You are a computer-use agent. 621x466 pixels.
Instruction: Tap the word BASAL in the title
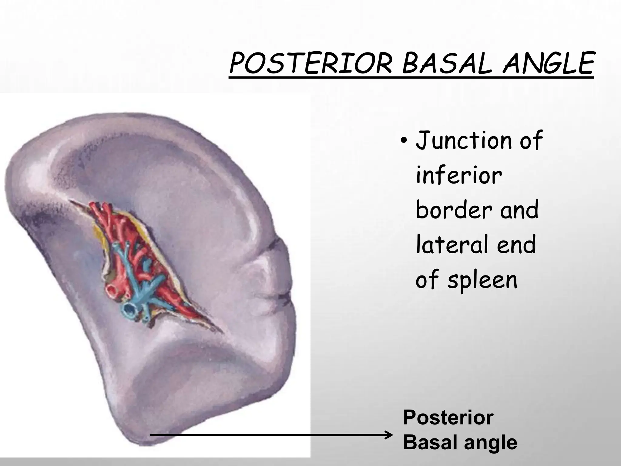tap(445, 64)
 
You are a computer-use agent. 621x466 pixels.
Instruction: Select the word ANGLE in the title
tap(547, 64)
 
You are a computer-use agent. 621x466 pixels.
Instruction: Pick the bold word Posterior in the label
tap(448, 418)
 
